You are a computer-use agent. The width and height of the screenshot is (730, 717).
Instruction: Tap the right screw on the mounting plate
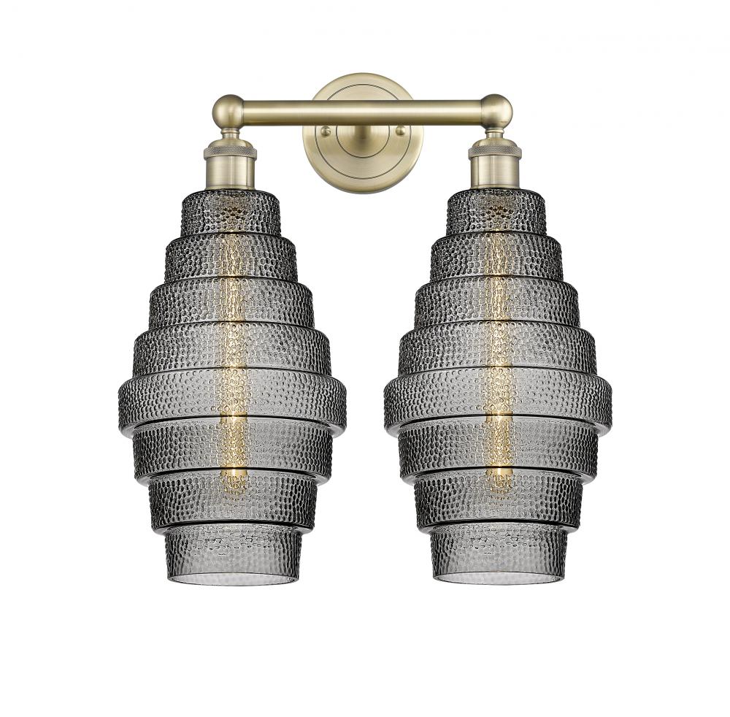(x=399, y=131)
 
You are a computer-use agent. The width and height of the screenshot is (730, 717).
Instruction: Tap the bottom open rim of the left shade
(x=232, y=578)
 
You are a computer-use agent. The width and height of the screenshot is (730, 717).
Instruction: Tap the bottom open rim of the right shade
(x=498, y=578)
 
